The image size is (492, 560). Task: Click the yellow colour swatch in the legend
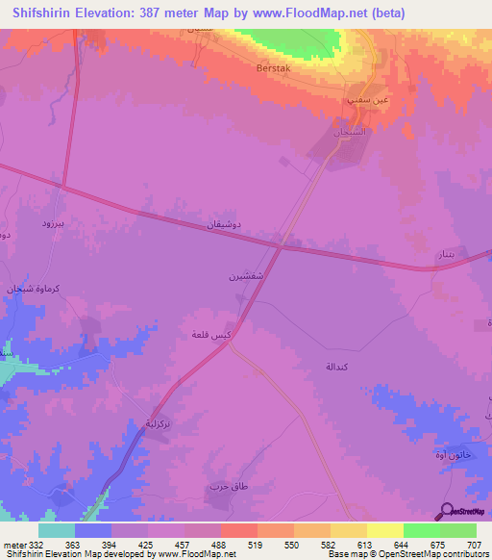(x=384, y=530)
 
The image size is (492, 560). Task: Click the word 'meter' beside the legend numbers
(x=14, y=545)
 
